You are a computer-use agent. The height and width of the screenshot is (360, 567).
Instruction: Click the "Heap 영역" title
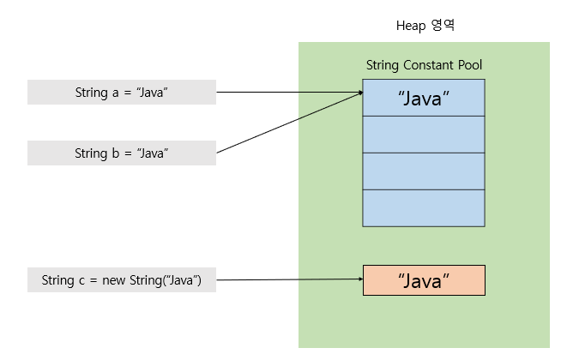pyautogui.click(x=424, y=25)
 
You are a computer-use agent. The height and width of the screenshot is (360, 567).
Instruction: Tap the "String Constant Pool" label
pyautogui.click(x=424, y=65)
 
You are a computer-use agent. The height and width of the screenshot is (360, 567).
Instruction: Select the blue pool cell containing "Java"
pyautogui.click(x=424, y=98)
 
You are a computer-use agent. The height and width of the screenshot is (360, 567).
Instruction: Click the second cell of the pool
pyautogui.click(x=424, y=134)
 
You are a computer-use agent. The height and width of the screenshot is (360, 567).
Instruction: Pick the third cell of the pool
pyautogui.click(x=424, y=171)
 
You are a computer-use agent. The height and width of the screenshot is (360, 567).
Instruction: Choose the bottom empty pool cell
pyautogui.click(x=424, y=207)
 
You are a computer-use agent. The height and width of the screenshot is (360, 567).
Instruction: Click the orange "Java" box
pyautogui.click(x=424, y=280)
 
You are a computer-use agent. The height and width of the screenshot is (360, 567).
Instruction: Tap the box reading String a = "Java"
pyautogui.click(x=121, y=92)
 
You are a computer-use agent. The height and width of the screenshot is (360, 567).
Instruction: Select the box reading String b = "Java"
pyautogui.click(x=121, y=153)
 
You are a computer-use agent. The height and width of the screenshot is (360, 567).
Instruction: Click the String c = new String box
pyautogui.click(x=121, y=280)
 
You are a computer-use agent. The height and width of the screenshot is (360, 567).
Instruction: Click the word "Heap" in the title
pyautogui.click(x=410, y=25)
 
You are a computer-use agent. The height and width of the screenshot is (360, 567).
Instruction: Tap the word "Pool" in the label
pyautogui.click(x=469, y=65)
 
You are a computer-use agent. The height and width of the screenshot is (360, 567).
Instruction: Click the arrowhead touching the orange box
pyautogui.click(x=358, y=279)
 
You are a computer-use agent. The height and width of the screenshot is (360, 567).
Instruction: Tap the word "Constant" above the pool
pyautogui.click(x=426, y=65)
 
